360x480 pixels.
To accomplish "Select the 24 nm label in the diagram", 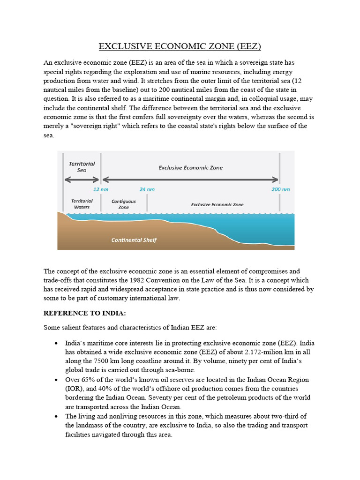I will point(147,190).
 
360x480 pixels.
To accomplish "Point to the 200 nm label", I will point(280,190).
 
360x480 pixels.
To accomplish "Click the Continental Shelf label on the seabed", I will point(134,240).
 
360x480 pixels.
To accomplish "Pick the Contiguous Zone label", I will point(124,204).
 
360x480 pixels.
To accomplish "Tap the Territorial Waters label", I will point(82,204).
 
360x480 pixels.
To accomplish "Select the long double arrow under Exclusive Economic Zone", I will point(190,179).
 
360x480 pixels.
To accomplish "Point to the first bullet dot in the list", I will point(56,344).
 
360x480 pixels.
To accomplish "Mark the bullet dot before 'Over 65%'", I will point(56,380).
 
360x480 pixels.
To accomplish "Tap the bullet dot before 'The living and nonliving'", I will point(56,416).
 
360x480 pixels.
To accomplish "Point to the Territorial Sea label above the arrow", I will point(82,167).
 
